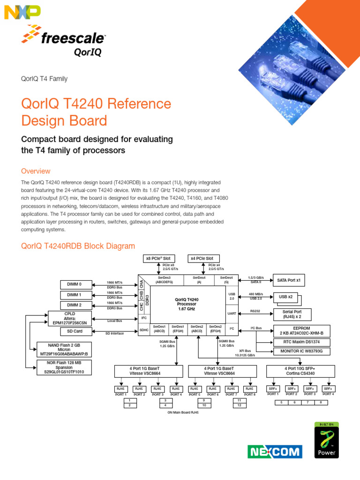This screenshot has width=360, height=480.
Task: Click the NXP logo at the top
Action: [22, 12]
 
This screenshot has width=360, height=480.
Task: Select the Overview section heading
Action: [36, 171]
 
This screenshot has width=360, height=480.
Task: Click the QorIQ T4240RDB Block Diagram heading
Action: [78, 246]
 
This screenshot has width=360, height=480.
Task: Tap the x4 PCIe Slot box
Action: [202, 258]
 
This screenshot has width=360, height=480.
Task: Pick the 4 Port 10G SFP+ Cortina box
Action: [300, 371]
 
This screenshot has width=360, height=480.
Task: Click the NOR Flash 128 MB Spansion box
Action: [64, 367]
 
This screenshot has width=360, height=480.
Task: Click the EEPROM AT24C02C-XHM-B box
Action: [301, 330]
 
